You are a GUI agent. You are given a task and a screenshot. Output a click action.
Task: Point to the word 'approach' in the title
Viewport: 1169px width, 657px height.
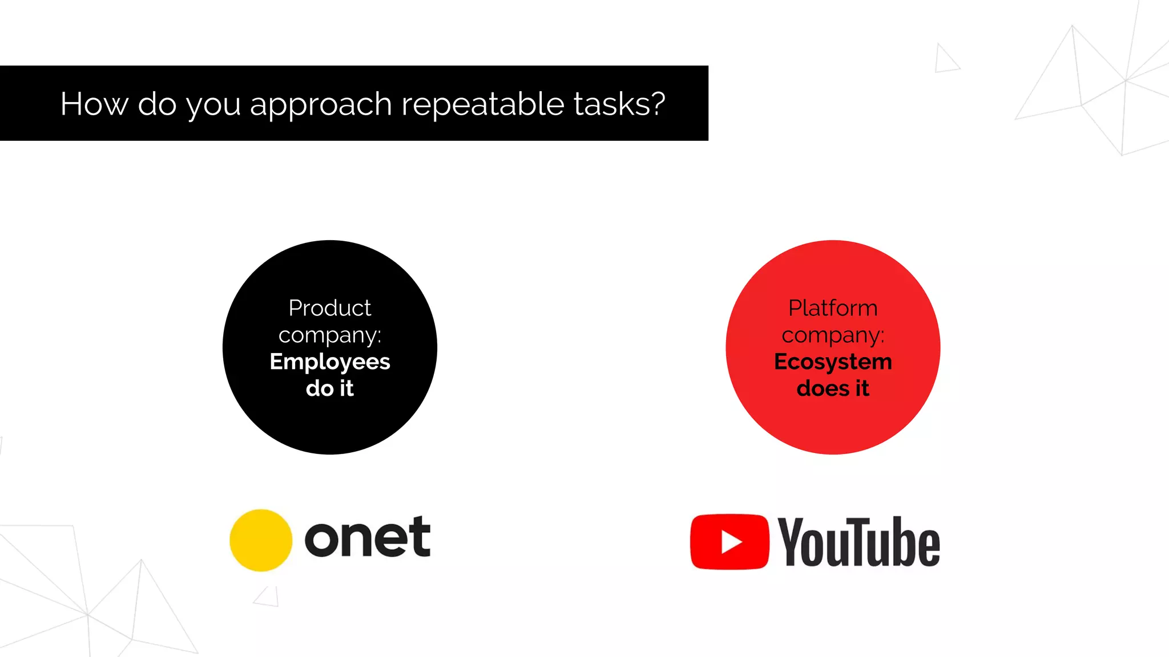point(321,105)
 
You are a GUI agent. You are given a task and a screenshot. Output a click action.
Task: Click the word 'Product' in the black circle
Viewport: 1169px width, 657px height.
point(330,308)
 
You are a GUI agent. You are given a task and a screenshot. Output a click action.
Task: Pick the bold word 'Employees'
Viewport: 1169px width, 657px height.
point(330,362)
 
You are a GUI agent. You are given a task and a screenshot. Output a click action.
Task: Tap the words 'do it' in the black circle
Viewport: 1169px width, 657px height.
point(330,388)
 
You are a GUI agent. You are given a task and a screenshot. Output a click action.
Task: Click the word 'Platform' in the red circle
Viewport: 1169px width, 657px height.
point(833,308)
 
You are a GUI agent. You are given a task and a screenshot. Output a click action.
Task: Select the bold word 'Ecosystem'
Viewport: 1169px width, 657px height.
point(833,362)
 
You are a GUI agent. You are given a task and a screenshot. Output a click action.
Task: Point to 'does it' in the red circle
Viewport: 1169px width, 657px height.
point(833,388)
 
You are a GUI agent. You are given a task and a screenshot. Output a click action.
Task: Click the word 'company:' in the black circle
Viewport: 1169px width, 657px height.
point(330,335)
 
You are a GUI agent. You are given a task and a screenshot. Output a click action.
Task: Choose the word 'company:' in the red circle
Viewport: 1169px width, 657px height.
point(833,335)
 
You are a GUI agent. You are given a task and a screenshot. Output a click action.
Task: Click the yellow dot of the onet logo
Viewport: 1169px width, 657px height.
point(261,540)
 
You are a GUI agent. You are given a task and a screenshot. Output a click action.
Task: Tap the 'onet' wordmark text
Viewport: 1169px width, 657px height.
point(368,537)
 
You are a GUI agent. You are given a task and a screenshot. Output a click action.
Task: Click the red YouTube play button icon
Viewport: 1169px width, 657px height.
point(729,542)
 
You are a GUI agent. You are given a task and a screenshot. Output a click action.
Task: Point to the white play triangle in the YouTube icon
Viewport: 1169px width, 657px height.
point(731,542)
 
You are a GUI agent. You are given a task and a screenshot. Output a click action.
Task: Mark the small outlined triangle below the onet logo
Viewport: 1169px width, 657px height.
point(268,597)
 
